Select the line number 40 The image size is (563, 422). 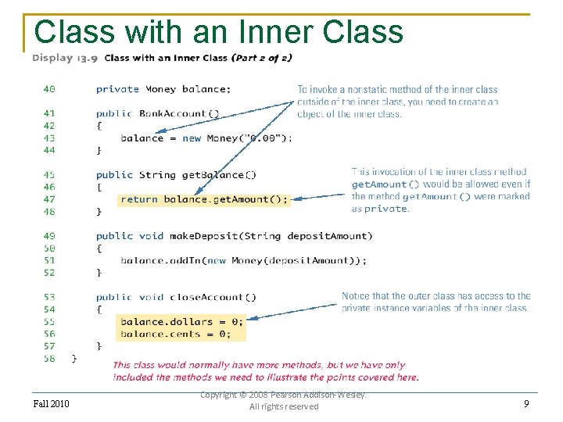tap(48, 89)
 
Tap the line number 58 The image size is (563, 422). tap(48, 358)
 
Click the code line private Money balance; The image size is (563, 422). tap(163, 89)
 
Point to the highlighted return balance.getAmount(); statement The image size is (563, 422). tap(204, 199)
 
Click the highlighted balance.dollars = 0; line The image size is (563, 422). tap(181, 321)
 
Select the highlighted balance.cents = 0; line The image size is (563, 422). tap(175, 334)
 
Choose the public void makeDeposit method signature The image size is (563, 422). tap(234, 236)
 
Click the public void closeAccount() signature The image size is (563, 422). tap(175, 297)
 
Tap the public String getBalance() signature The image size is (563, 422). tap(175, 175)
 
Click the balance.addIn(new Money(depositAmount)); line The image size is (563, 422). tap(243, 260)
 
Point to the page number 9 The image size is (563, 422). tap(527, 403)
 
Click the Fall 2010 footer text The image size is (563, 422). tap(51, 403)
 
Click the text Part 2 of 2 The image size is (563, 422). tap(264, 58)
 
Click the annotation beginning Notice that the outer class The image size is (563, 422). tap(436, 302)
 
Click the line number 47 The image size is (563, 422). tap(48, 199)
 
